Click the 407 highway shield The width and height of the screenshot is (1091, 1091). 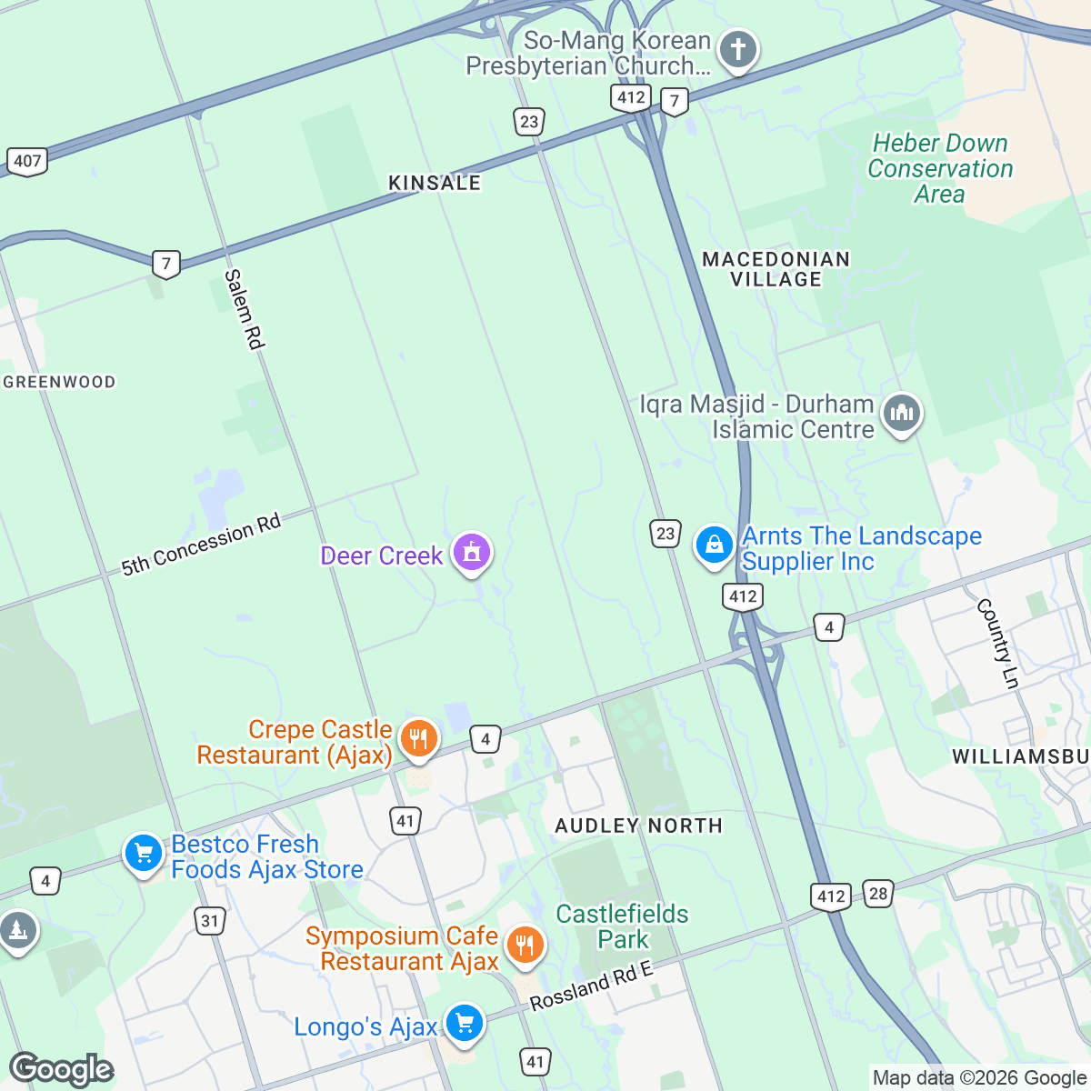27,162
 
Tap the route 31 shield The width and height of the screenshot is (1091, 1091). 210,921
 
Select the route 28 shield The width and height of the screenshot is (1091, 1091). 877,894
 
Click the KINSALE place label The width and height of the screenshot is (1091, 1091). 435,183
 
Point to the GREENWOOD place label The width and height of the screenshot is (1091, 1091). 60,382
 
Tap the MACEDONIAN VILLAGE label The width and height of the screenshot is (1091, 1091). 776,269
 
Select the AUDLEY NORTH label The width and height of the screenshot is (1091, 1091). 638,826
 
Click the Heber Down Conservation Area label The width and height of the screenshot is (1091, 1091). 940,168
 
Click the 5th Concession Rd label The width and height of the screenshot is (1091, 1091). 202,545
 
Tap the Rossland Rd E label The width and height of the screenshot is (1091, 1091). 592,986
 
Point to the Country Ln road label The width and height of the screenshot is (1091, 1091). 997,643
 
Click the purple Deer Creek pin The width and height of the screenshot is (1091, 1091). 471,552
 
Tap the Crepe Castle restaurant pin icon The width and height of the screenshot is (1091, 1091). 417,739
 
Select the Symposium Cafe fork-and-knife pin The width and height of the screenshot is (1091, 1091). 524,946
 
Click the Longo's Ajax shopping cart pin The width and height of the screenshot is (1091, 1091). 464,1024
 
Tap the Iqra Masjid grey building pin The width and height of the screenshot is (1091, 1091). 901,414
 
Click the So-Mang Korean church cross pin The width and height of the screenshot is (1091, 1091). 737,49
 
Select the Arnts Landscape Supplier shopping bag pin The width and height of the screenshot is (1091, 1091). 715,545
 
